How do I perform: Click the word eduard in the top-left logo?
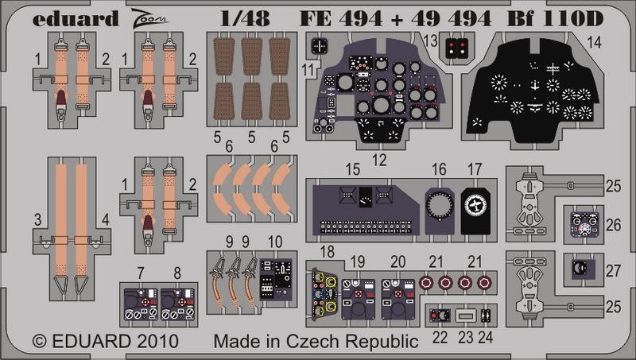[76, 19]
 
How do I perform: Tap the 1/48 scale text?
[245, 18]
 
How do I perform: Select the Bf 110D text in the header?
[555, 18]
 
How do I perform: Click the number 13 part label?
[430, 41]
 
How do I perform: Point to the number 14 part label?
[594, 42]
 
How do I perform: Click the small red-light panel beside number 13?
[456, 48]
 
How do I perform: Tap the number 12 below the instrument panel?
[379, 161]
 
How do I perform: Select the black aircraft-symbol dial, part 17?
[475, 211]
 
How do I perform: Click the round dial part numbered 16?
[440, 211]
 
